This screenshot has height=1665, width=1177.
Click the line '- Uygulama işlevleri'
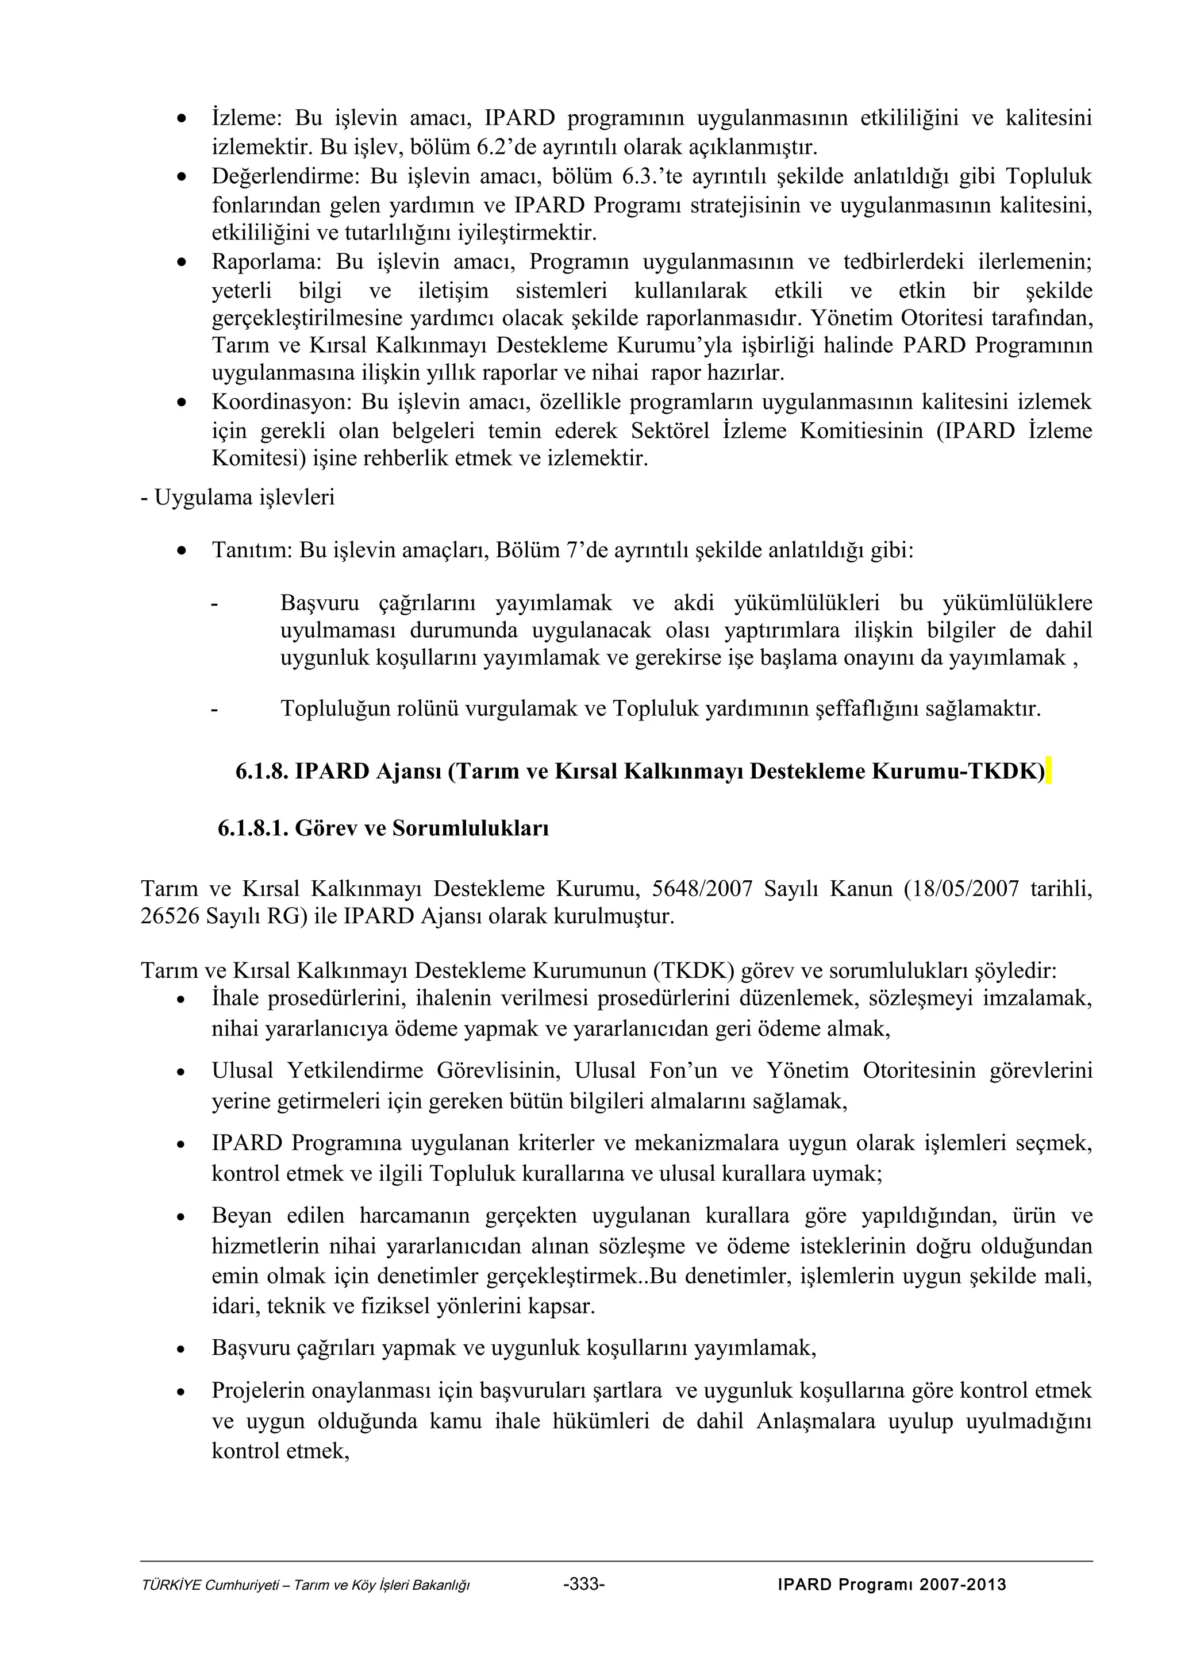[238, 498]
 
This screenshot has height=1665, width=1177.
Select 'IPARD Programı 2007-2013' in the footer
[891, 1605]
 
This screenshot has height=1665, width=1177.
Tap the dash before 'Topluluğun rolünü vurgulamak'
[214, 709]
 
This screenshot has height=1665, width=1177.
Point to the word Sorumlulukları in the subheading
[470, 828]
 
